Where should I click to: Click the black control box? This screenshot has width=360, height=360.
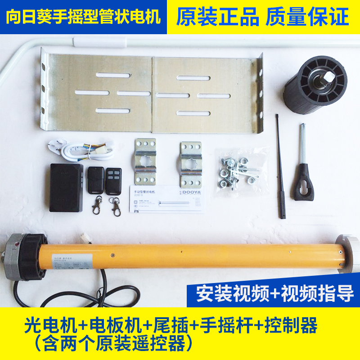click(66, 187)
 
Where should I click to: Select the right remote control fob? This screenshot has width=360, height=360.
click(113, 180)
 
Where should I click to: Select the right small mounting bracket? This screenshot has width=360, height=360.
click(191, 164)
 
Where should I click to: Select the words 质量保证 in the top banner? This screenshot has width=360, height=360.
click(307, 17)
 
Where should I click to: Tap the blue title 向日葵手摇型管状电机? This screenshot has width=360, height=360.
click(83, 17)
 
